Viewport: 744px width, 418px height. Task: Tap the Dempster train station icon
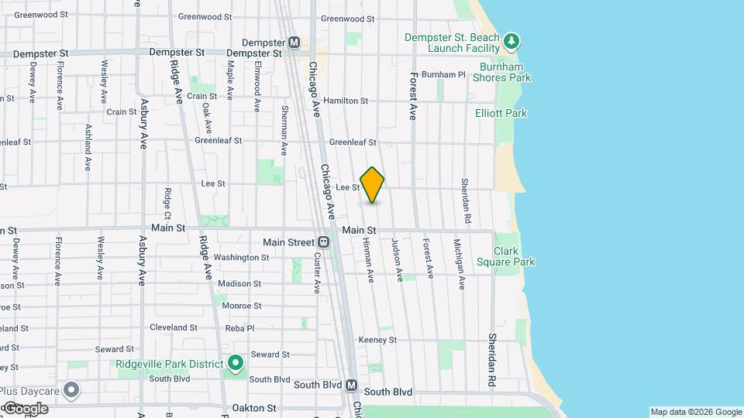[x=294, y=43]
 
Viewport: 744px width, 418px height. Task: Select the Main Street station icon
[x=324, y=242]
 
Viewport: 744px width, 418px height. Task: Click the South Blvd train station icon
[x=351, y=385]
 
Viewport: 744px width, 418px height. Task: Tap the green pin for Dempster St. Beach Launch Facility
[x=511, y=40]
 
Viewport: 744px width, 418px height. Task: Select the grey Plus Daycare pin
[x=72, y=390]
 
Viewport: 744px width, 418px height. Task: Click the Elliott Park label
[x=501, y=113]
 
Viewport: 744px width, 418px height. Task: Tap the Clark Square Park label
[x=515, y=256]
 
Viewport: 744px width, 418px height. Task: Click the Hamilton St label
[x=346, y=101]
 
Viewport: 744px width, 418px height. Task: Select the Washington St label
[x=241, y=257]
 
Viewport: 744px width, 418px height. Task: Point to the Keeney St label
[x=377, y=340]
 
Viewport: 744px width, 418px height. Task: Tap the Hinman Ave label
[x=369, y=259]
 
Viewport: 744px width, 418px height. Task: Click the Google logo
[x=25, y=409]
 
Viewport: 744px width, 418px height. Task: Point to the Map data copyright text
[x=695, y=412]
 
